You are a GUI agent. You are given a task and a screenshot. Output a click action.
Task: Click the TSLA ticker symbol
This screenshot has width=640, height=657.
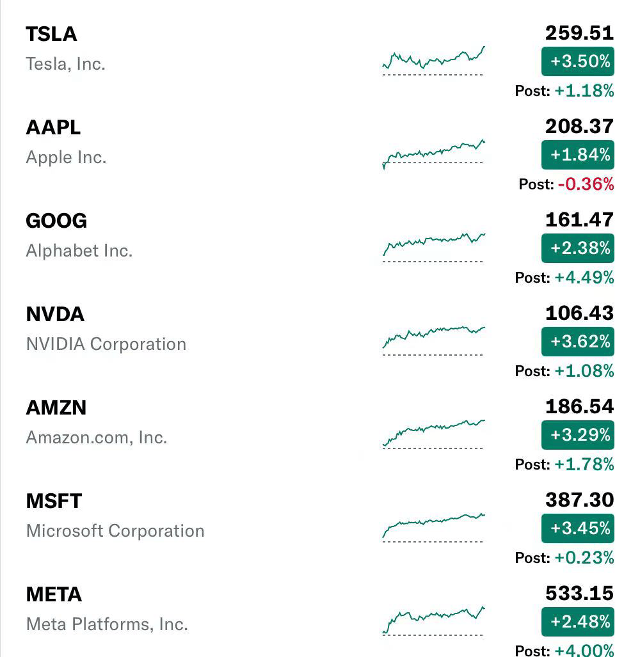[52, 34]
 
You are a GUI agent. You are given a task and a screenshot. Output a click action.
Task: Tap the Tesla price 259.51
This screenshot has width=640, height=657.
[579, 33]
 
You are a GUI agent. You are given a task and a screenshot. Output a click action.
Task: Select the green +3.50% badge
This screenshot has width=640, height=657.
[577, 61]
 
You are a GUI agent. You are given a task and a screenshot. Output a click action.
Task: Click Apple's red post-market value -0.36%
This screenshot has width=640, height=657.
[586, 184]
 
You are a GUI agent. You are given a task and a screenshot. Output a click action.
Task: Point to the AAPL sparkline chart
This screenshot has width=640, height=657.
[434, 154]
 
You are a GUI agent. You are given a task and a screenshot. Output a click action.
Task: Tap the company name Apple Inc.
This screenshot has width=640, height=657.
[66, 157]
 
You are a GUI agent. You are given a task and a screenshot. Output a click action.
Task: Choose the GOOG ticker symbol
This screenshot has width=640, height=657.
[56, 221]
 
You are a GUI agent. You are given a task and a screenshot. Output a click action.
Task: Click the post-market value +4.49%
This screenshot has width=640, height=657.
[584, 278]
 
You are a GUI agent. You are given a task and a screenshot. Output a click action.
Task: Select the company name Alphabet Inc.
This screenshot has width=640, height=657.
[79, 251]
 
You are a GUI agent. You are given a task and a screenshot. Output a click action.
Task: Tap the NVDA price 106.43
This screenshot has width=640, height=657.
[579, 313]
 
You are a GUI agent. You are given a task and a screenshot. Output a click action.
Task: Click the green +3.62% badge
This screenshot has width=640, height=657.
[577, 342]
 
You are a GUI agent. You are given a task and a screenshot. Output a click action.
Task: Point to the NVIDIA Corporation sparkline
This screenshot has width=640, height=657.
[434, 337]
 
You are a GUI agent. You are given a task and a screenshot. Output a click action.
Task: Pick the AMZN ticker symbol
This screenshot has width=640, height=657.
[56, 408]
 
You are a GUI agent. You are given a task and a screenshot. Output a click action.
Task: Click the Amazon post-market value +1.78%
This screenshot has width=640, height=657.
[584, 464]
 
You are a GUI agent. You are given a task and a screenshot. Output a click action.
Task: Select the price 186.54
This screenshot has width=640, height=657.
[579, 406]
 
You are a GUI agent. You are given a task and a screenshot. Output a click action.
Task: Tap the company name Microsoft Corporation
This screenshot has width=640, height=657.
[115, 531]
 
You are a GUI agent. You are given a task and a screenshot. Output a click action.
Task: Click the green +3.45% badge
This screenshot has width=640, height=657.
[577, 528]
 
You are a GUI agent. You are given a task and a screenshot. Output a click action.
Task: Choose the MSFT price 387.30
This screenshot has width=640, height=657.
[579, 500]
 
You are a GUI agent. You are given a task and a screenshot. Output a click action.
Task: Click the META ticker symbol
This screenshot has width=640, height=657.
[54, 594]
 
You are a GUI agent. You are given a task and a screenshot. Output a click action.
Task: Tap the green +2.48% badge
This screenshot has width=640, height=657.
[577, 622]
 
